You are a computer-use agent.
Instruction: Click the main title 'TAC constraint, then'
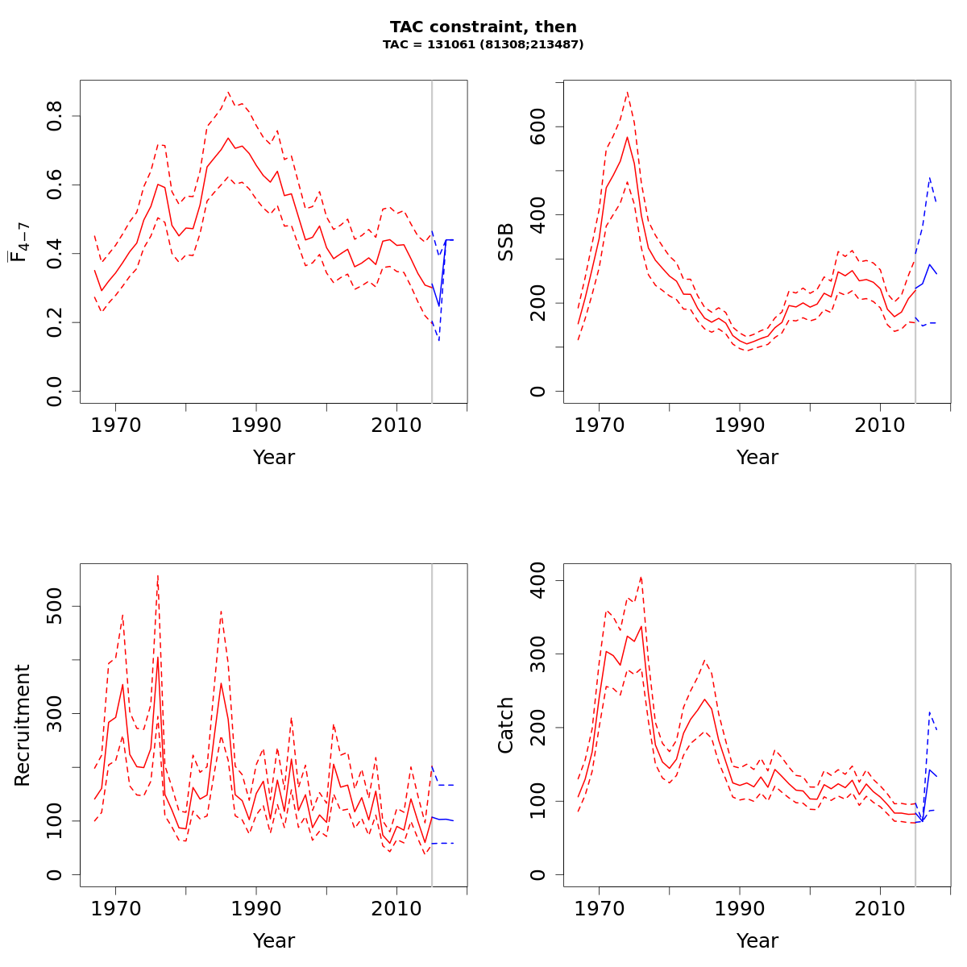(483, 27)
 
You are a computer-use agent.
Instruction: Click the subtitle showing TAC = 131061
(483, 45)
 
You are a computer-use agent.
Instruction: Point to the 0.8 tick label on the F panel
(55, 116)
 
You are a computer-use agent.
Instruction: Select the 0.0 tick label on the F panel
(55, 391)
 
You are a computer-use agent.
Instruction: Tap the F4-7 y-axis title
(19, 242)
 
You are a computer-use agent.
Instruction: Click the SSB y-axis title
(506, 242)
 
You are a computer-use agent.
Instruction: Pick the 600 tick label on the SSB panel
(538, 127)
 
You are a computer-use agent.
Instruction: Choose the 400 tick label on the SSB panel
(538, 215)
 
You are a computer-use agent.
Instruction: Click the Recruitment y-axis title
(23, 725)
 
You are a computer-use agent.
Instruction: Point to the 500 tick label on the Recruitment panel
(55, 606)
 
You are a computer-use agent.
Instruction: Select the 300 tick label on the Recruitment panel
(55, 713)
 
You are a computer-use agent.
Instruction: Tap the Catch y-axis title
(506, 725)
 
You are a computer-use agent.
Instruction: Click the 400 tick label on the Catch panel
(538, 581)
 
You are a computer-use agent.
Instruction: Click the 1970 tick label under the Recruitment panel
(116, 908)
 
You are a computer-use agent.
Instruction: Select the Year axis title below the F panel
(274, 458)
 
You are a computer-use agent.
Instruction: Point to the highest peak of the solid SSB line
(627, 137)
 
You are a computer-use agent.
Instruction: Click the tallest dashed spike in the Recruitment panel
(158, 575)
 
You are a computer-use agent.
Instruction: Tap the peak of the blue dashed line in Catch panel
(930, 712)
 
